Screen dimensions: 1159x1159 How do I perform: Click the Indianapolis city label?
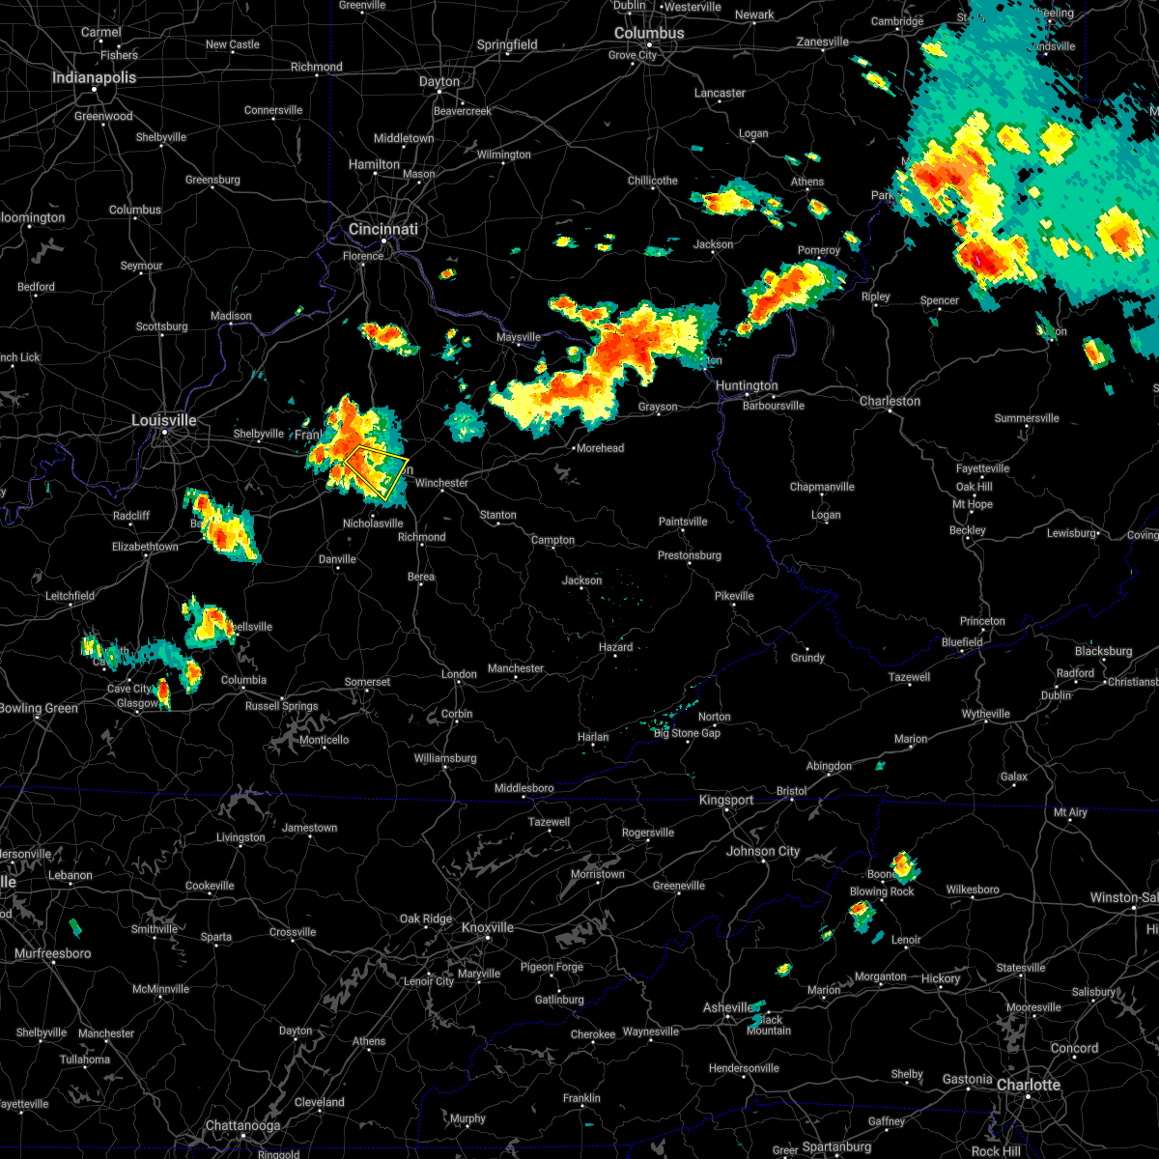94,77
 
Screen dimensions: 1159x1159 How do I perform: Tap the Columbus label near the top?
649,33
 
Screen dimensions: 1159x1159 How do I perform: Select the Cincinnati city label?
383,229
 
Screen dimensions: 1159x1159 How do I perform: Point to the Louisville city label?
164,420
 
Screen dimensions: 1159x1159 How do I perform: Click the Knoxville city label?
488,927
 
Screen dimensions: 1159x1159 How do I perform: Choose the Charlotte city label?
1029,1085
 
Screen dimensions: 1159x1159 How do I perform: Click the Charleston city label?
890,401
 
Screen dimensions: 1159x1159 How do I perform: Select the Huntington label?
747,385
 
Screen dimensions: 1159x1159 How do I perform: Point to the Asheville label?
727,1007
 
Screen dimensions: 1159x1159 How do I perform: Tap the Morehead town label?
600,448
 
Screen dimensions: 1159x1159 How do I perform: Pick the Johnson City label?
763,851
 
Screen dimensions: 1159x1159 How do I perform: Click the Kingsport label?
726,800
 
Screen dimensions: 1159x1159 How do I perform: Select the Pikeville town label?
734,596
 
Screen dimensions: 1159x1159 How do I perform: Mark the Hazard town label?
615,647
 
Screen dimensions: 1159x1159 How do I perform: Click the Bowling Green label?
39,708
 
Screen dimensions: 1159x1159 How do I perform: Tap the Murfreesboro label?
52,953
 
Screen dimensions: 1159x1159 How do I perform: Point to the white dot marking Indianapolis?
95,90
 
